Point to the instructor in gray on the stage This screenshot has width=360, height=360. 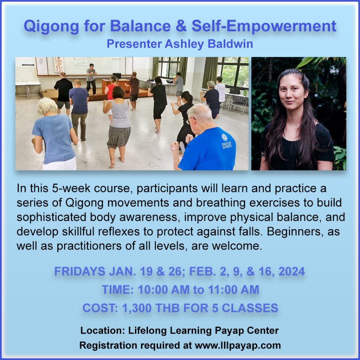click(91, 78)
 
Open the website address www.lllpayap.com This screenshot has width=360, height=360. click(238, 345)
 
